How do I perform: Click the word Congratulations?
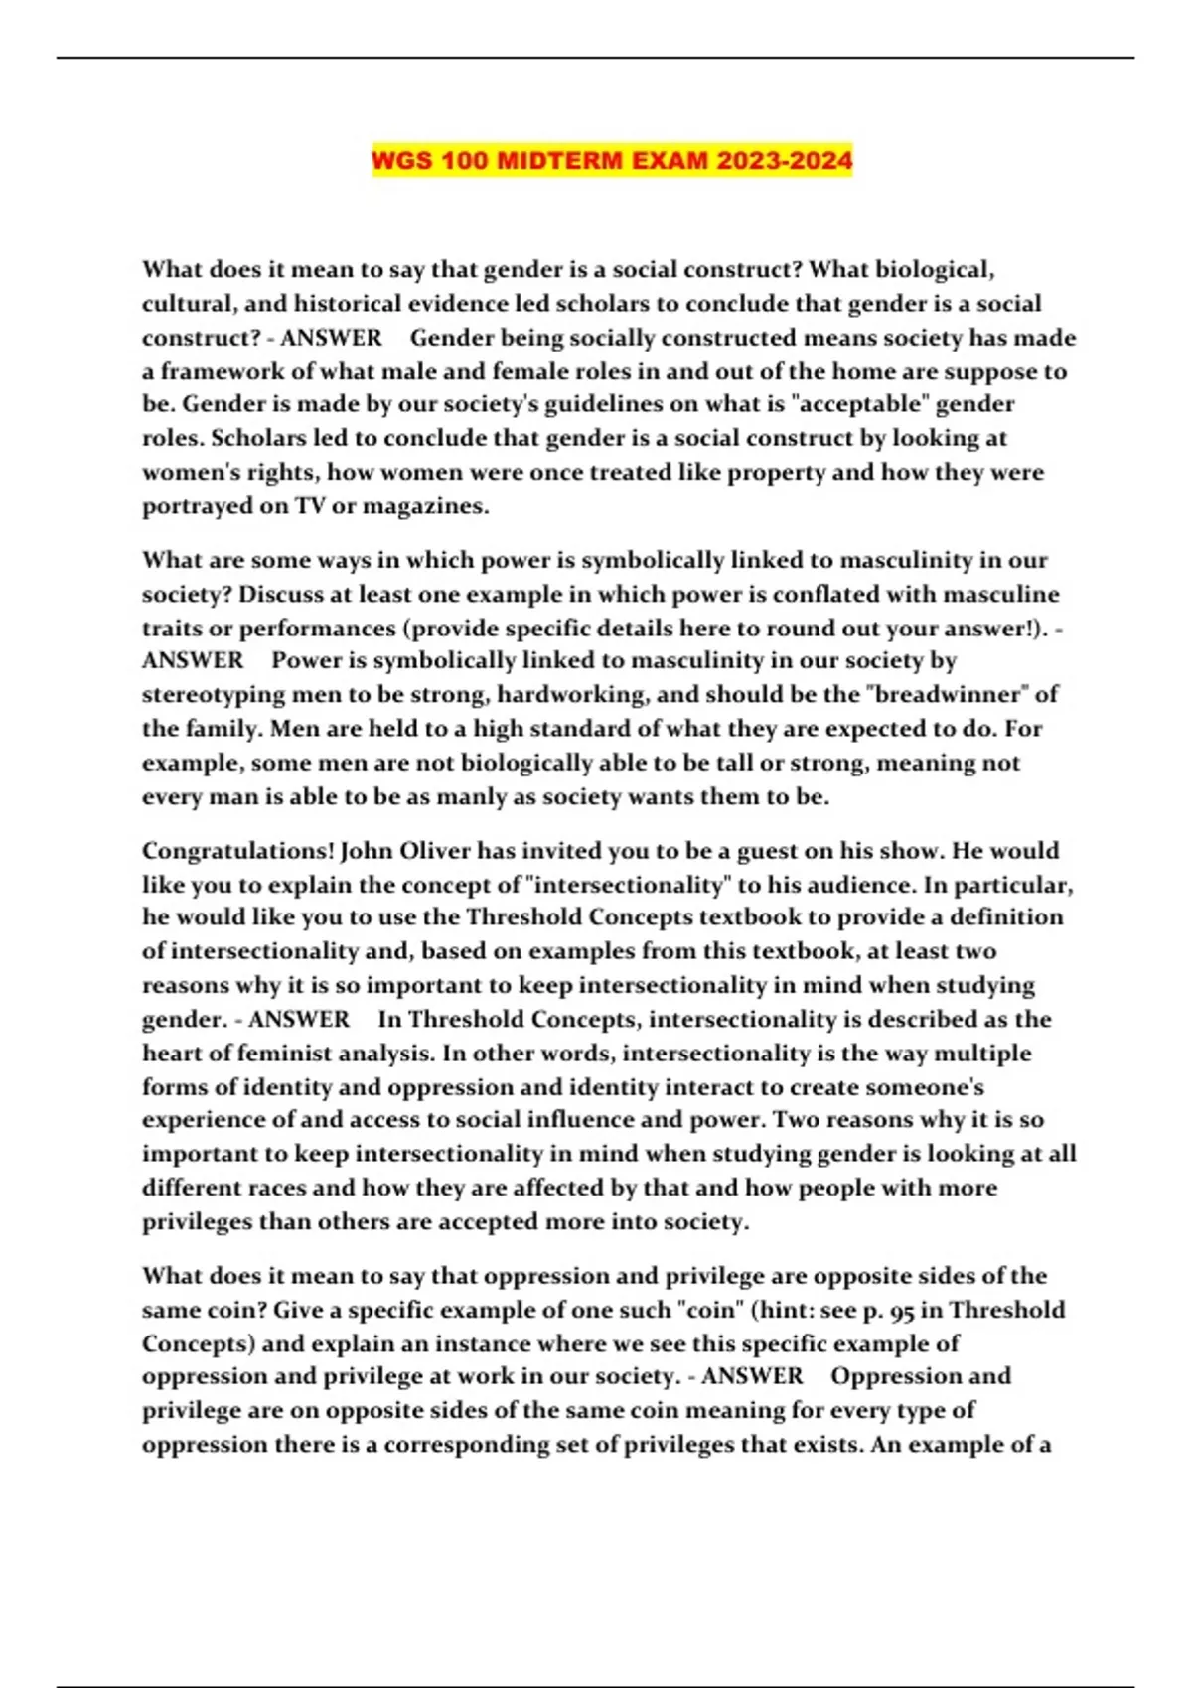pyautogui.click(x=237, y=851)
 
